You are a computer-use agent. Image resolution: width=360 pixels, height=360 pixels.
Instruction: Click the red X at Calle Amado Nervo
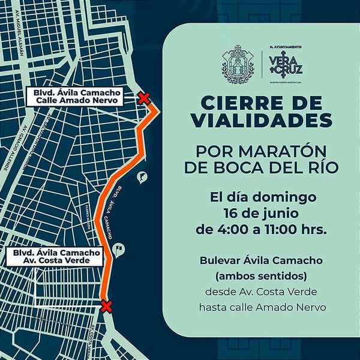coord(143,98)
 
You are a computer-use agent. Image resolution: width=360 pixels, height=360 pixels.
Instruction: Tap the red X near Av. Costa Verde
coord(107,307)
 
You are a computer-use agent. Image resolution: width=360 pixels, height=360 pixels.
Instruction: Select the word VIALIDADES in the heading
coord(261,120)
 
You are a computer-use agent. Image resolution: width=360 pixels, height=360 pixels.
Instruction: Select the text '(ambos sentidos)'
coord(261,277)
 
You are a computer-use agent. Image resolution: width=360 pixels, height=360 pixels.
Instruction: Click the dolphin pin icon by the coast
coord(142,178)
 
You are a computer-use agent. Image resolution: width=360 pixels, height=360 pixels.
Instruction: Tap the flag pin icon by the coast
coord(120,248)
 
